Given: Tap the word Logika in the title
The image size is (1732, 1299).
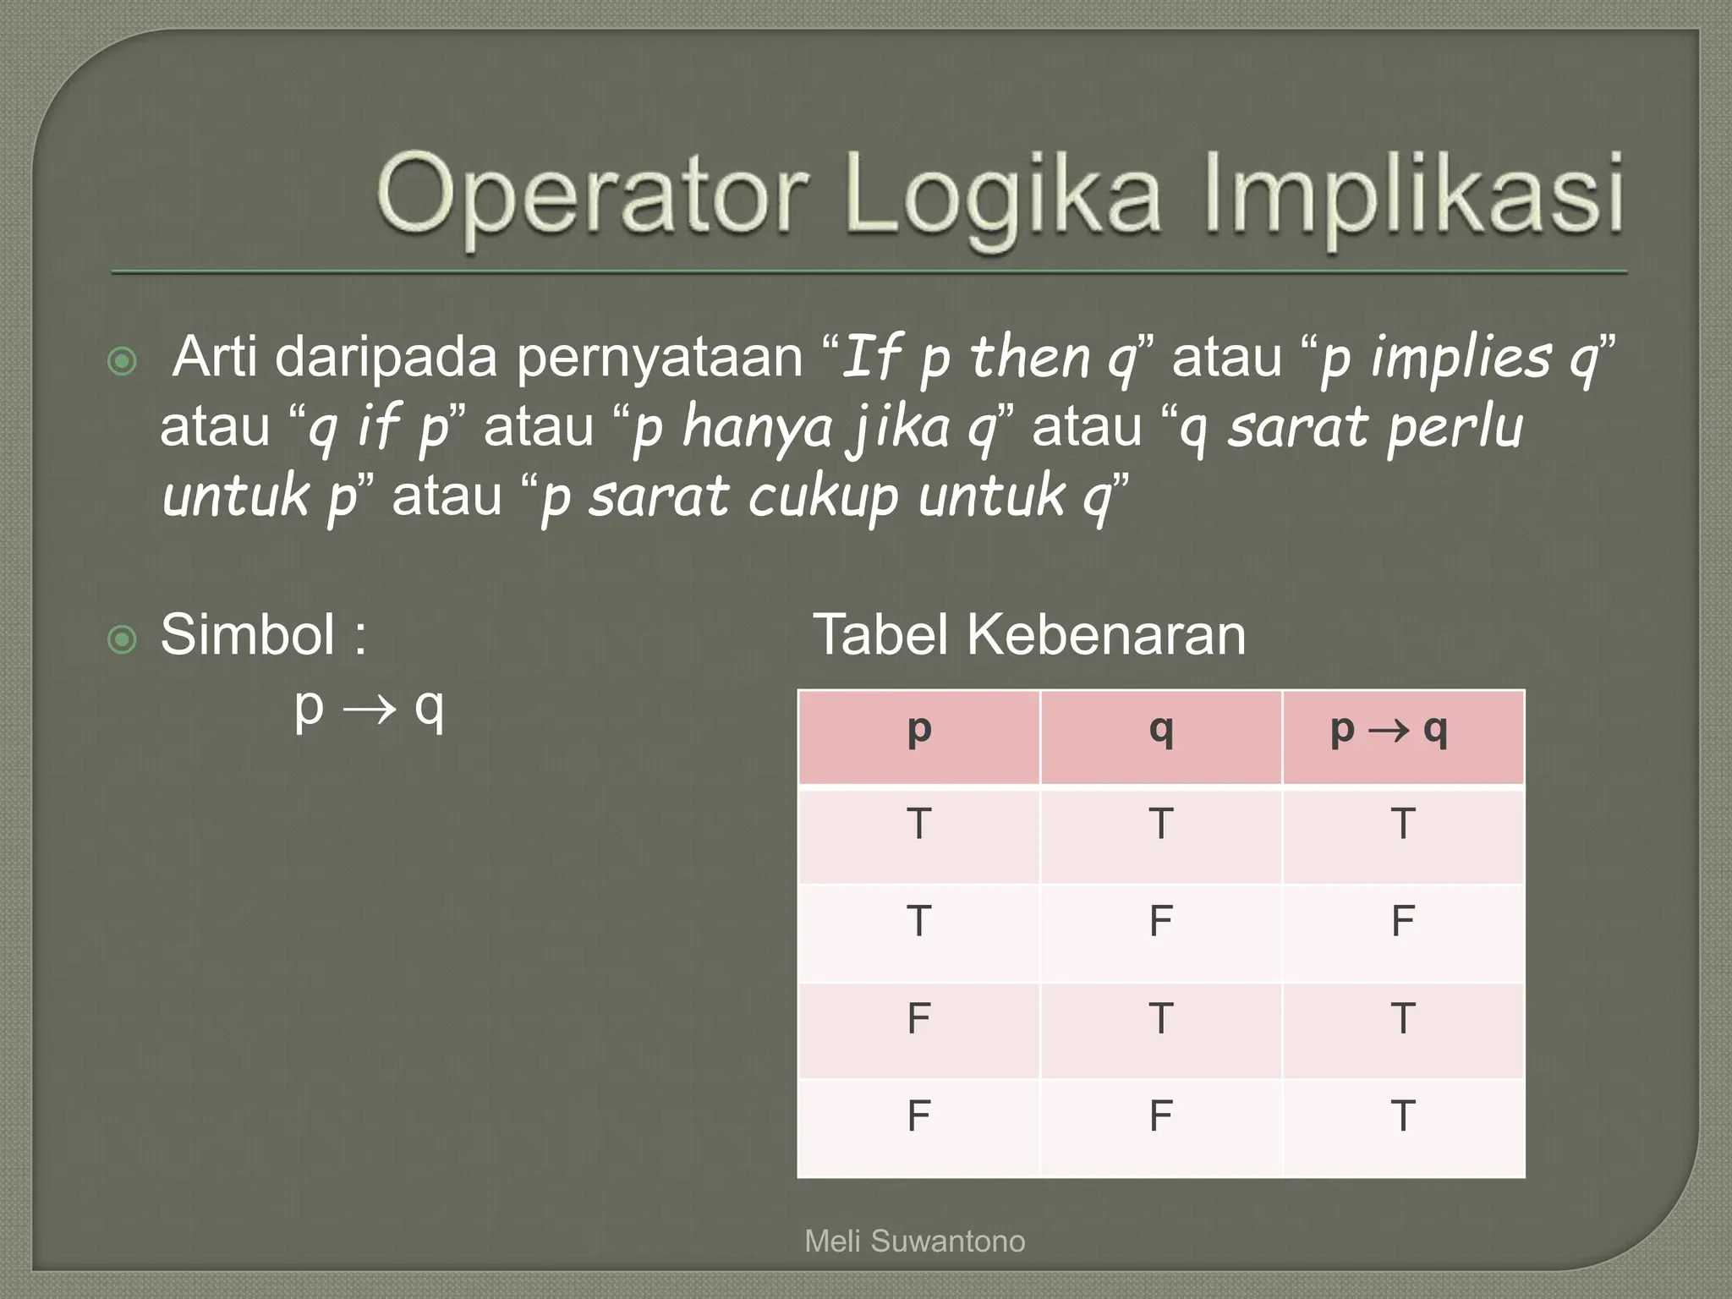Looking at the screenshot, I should (x=1002, y=199).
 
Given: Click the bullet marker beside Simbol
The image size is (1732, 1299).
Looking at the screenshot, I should (x=123, y=639).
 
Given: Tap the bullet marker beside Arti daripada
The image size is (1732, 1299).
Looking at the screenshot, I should (x=123, y=362).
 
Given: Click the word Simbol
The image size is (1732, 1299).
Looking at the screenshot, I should (x=247, y=634).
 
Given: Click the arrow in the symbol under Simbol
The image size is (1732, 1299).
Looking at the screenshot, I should (x=369, y=709).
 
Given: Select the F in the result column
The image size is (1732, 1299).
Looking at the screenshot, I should (x=1403, y=920).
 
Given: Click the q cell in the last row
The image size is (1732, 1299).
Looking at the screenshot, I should (x=1161, y=1115).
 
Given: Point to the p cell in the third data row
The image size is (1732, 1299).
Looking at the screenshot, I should (x=919, y=1018).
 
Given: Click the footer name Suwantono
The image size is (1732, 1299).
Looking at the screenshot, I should (x=948, y=1241).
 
